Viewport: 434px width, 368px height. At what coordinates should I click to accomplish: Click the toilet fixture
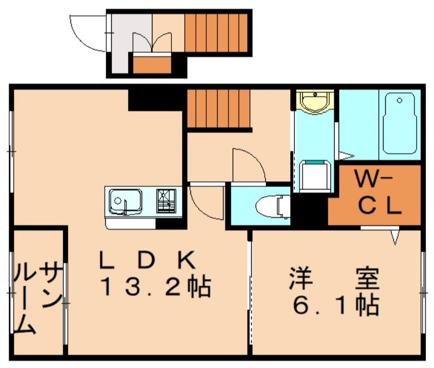(273, 206)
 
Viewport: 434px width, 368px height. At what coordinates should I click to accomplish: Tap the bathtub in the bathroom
(400, 123)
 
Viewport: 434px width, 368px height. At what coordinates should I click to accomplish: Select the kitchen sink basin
(125, 202)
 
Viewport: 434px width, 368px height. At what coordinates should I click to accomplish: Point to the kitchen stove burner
(166, 201)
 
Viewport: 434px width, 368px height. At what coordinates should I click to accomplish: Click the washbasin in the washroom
(315, 101)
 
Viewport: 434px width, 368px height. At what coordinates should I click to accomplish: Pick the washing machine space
(315, 176)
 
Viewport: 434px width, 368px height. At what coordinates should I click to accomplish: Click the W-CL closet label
(378, 193)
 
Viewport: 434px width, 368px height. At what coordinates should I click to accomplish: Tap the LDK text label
(148, 260)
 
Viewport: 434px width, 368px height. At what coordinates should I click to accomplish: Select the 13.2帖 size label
(156, 288)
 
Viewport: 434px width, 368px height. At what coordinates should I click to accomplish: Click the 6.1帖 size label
(336, 306)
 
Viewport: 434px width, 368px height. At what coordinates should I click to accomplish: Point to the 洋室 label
(335, 278)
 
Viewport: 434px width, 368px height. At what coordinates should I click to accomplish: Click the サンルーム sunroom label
(38, 298)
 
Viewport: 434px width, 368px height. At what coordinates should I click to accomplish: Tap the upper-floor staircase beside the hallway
(219, 109)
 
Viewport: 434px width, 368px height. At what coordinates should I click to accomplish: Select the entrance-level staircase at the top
(216, 33)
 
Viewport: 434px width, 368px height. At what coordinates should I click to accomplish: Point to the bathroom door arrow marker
(347, 156)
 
